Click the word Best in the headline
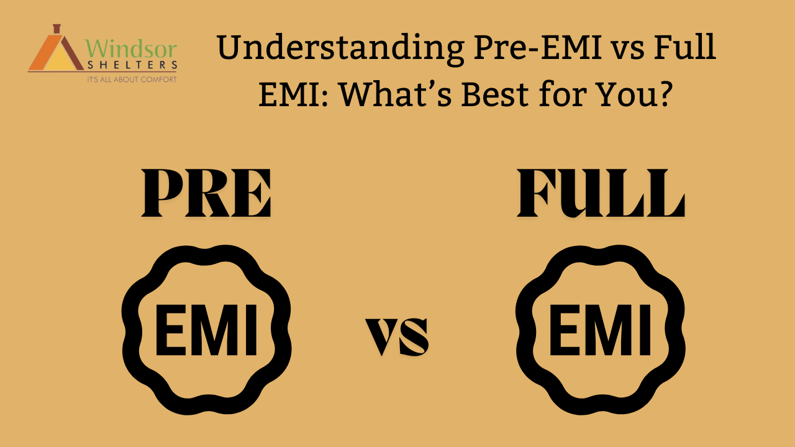495,94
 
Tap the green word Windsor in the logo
131,48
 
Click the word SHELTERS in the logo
132,65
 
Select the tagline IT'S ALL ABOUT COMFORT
132,79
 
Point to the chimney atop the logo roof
57,29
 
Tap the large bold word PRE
206,192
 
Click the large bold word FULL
601,192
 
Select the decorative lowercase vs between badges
397,336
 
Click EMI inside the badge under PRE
206,330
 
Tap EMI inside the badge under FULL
600,330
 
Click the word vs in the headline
627,50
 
